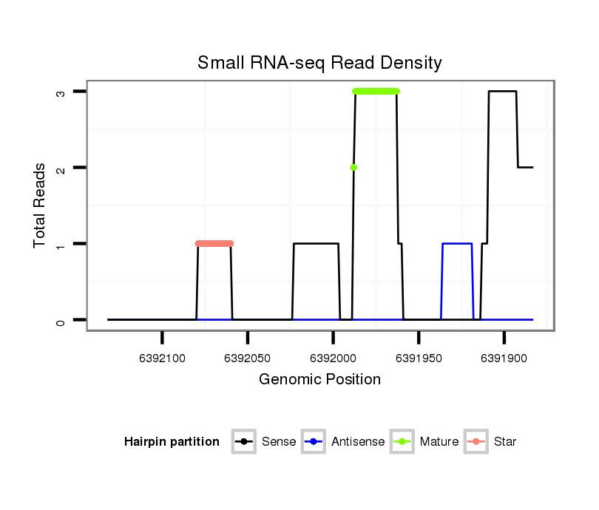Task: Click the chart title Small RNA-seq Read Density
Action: point(319,63)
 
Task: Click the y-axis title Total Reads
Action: point(40,205)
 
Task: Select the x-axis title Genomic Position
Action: point(319,380)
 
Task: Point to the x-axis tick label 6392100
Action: point(162,358)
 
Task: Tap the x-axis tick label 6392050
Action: point(248,358)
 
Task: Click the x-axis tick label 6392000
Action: point(333,358)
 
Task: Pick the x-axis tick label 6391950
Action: point(419,358)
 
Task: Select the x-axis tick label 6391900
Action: point(504,358)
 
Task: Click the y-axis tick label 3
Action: point(61,92)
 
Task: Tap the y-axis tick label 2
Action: point(61,168)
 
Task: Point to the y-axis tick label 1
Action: point(61,244)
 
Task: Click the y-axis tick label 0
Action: point(61,320)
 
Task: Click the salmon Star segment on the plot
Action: point(214,243)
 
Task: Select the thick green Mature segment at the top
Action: point(376,91)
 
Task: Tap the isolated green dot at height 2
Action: point(353,167)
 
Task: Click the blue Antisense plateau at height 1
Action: point(457,243)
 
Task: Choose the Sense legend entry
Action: point(278,442)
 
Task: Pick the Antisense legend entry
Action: point(357,442)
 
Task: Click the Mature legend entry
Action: point(439,442)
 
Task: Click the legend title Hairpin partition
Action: point(172,442)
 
